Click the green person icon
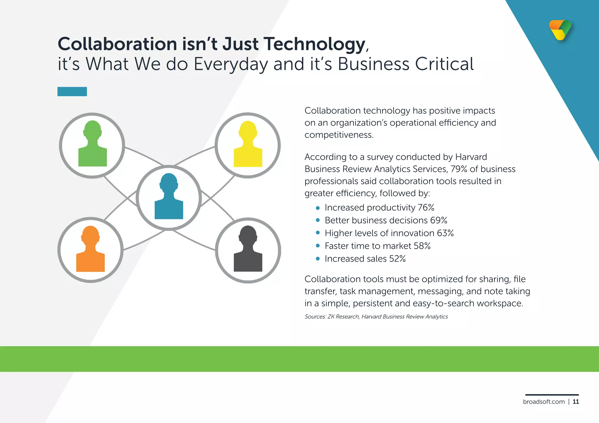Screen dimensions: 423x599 coord(92,145)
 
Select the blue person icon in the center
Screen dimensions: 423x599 coord(169,197)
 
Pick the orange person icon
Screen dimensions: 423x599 coord(90,249)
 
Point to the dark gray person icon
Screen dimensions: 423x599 coord(248,249)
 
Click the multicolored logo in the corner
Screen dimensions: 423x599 coord(560,30)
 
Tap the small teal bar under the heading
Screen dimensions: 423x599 coord(72,91)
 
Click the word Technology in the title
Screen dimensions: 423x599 coord(315,44)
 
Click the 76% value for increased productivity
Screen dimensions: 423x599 coord(426,208)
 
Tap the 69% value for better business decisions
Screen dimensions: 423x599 coord(439,221)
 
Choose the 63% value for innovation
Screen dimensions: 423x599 coord(445,233)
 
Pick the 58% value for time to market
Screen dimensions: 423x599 coord(422,246)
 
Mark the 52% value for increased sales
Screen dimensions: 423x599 coord(397,259)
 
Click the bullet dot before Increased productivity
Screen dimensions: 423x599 coord(318,208)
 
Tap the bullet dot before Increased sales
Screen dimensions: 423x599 coord(318,259)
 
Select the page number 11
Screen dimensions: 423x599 coord(576,402)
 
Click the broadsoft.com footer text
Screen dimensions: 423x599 coord(544,402)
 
